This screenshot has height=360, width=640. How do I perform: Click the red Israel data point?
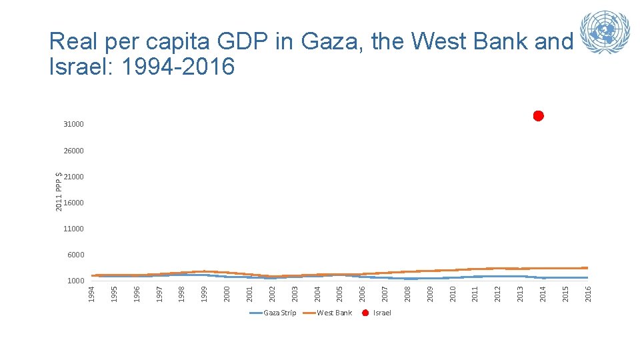(x=539, y=116)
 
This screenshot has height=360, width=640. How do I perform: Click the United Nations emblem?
(x=605, y=32)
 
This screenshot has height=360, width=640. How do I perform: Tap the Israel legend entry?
(x=377, y=313)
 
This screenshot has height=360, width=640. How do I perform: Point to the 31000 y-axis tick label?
(x=73, y=125)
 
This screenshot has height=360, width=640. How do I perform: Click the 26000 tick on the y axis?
(x=73, y=151)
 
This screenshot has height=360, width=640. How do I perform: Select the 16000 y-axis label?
(x=73, y=203)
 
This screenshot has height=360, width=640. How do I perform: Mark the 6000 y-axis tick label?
(x=75, y=255)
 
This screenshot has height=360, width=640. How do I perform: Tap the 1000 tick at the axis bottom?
(x=75, y=281)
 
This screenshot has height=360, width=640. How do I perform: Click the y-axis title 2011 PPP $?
(x=59, y=191)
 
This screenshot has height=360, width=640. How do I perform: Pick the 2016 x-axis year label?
(x=587, y=293)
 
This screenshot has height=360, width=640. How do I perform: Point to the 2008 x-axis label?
(x=407, y=293)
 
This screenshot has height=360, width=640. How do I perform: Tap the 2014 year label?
(x=543, y=293)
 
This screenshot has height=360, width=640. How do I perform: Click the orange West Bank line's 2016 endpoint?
(x=587, y=268)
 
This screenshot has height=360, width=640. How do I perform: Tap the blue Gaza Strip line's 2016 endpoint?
(x=587, y=277)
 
